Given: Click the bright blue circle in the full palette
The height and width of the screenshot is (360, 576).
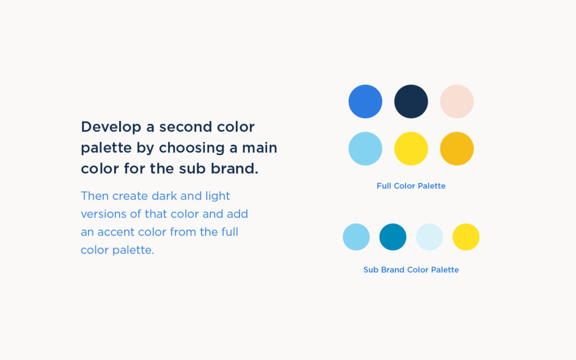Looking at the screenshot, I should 366,101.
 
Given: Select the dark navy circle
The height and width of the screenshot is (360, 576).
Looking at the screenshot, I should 411,101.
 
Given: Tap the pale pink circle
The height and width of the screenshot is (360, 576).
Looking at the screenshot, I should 457,101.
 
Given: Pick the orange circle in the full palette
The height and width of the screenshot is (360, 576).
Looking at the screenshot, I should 457,148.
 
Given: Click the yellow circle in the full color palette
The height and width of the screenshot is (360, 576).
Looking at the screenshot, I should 411,148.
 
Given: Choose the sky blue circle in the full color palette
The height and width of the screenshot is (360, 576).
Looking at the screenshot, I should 366,148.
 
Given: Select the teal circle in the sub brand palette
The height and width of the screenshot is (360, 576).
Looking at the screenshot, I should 393,237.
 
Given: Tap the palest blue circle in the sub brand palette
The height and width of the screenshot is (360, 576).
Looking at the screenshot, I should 429,237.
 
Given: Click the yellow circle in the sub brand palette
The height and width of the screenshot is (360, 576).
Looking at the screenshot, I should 466,237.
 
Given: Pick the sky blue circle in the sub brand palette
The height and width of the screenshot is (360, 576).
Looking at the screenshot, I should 356,237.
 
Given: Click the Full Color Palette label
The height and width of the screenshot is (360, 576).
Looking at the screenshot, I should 411,186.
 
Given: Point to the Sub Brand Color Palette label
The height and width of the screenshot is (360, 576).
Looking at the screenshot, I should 411,270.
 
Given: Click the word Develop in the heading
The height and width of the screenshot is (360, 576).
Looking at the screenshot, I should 111,127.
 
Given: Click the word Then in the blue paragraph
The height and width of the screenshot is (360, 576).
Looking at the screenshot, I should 95,196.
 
